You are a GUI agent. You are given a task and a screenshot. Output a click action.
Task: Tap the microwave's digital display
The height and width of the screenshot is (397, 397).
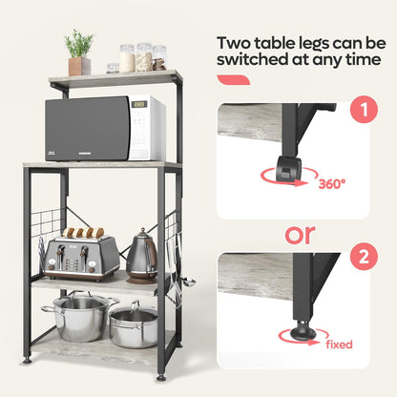(x=138, y=104)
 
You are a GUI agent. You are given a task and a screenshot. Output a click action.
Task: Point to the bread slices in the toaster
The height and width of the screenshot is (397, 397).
(x=80, y=232)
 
